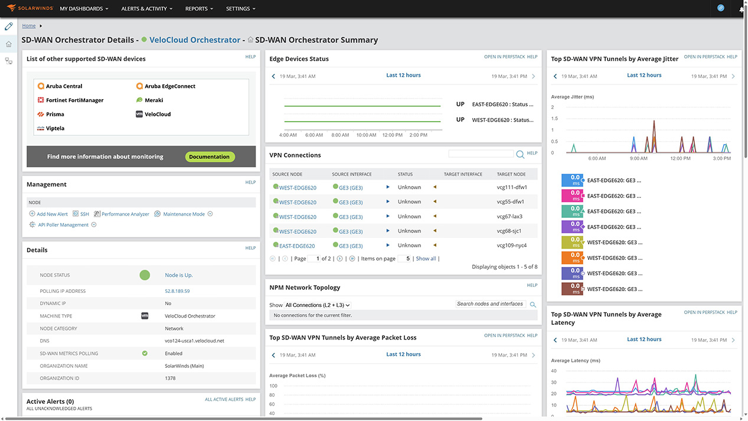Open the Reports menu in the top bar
[x=199, y=9]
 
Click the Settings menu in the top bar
[x=241, y=9]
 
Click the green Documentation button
[x=210, y=156]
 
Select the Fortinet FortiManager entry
[x=74, y=100]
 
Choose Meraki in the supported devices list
[x=153, y=100]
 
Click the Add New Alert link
[x=52, y=214]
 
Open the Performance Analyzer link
[x=125, y=214]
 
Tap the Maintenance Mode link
[x=184, y=214]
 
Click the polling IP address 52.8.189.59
[x=177, y=291]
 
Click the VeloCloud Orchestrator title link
[x=195, y=40]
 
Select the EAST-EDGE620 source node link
[x=297, y=246]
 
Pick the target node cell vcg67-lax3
[x=509, y=217]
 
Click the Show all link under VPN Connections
[x=426, y=259]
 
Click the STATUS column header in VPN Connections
[x=405, y=174]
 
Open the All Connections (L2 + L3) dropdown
[x=318, y=305]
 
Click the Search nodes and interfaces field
[x=490, y=304]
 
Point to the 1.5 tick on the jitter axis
[x=553, y=119]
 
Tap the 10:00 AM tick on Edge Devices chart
[x=366, y=135]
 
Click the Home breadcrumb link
[x=28, y=26]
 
